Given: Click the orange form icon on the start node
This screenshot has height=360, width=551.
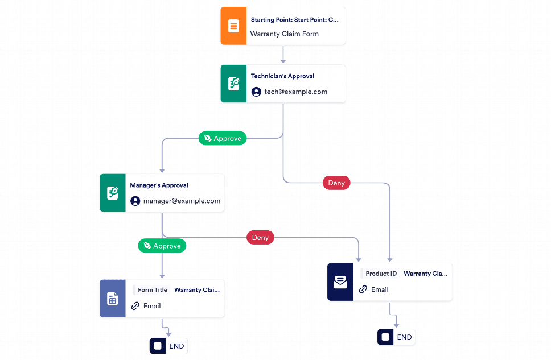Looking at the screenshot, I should pyautogui.click(x=233, y=26).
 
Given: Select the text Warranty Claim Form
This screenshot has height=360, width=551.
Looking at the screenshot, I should pyautogui.click(x=285, y=34).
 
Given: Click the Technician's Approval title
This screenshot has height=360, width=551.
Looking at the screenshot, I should pyautogui.click(x=282, y=76).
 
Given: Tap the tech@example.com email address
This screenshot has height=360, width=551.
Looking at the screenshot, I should pyautogui.click(x=295, y=92).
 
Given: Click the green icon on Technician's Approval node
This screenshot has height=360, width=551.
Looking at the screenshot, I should pyautogui.click(x=233, y=84).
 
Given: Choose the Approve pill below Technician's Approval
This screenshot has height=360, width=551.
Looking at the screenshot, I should pyautogui.click(x=223, y=138).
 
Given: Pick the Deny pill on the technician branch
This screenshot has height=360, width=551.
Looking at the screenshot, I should pyautogui.click(x=336, y=183).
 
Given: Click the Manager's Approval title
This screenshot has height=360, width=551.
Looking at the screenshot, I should pyautogui.click(x=159, y=185).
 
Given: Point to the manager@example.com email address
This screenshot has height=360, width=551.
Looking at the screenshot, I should pyautogui.click(x=182, y=201).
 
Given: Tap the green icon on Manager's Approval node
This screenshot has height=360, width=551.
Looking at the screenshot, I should pyautogui.click(x=112, y=193).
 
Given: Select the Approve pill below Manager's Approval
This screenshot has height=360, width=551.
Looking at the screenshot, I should pyautogui.click(x=162, y=246).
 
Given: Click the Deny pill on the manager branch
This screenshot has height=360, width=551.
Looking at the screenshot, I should pyautogui.click(x=260, y=237).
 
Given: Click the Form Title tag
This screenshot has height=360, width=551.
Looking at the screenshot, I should pyautogui.click(x=152, y=290).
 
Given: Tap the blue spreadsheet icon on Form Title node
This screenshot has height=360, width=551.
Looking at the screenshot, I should pyautogui.click(x=112, y=299).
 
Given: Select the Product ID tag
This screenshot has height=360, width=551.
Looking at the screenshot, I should pyautogui.click(x=380, y=274).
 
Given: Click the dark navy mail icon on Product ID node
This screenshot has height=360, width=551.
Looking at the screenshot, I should pyautogui.click(x=340, y=282).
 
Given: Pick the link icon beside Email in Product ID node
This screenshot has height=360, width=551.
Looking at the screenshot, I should pyautogui.click(x=363, y=289).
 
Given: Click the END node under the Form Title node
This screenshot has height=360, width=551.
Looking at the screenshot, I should pyautogui.click(x=168, y=346).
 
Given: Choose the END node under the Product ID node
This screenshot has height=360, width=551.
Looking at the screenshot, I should pyautogui.click(x=396, y=337).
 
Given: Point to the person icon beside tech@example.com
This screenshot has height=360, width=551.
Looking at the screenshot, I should pyautogui.click(x=256, y=92).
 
